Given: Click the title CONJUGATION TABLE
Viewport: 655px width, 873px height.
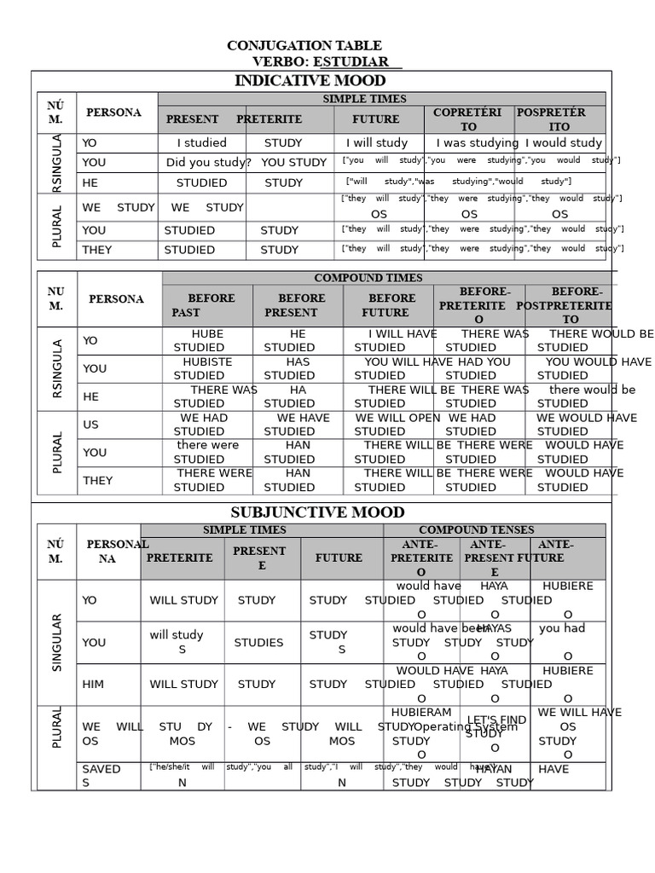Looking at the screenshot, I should coord(304,45).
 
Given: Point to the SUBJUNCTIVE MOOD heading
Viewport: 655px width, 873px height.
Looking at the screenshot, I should coord(317,512).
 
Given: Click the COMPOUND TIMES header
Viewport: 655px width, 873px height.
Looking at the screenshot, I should coord(368,278).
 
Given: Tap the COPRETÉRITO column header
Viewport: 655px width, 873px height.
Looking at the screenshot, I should coord(467,119).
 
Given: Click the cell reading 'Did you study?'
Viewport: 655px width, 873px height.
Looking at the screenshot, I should coord(208,163).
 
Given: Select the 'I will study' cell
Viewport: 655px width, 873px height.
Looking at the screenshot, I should coord(377,143).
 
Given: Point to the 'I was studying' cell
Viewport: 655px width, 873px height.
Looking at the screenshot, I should coord(477,143).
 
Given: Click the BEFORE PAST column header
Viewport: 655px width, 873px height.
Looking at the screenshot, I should coord(205,305).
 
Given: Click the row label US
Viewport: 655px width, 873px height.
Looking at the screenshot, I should coord(90,425).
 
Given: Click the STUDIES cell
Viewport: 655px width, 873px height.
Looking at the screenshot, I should coord(258,643).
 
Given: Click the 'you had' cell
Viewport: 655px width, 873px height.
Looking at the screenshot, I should coord(562,628).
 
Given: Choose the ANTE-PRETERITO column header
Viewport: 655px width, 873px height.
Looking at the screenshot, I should coord(421,558).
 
